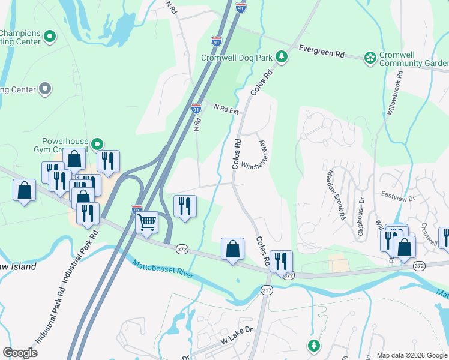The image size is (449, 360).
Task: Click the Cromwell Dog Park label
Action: coord(237,58)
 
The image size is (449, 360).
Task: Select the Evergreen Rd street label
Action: coord(321,53)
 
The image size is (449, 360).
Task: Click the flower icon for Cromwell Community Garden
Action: coord(370,58)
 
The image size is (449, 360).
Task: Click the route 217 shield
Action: coord(267,290)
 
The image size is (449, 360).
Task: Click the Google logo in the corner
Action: coord(20,353)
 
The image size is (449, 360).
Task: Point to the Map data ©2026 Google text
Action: coord(411,355)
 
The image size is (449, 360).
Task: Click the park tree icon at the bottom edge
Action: coord(313,345)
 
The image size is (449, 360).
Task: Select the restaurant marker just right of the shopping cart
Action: coord(184,206)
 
